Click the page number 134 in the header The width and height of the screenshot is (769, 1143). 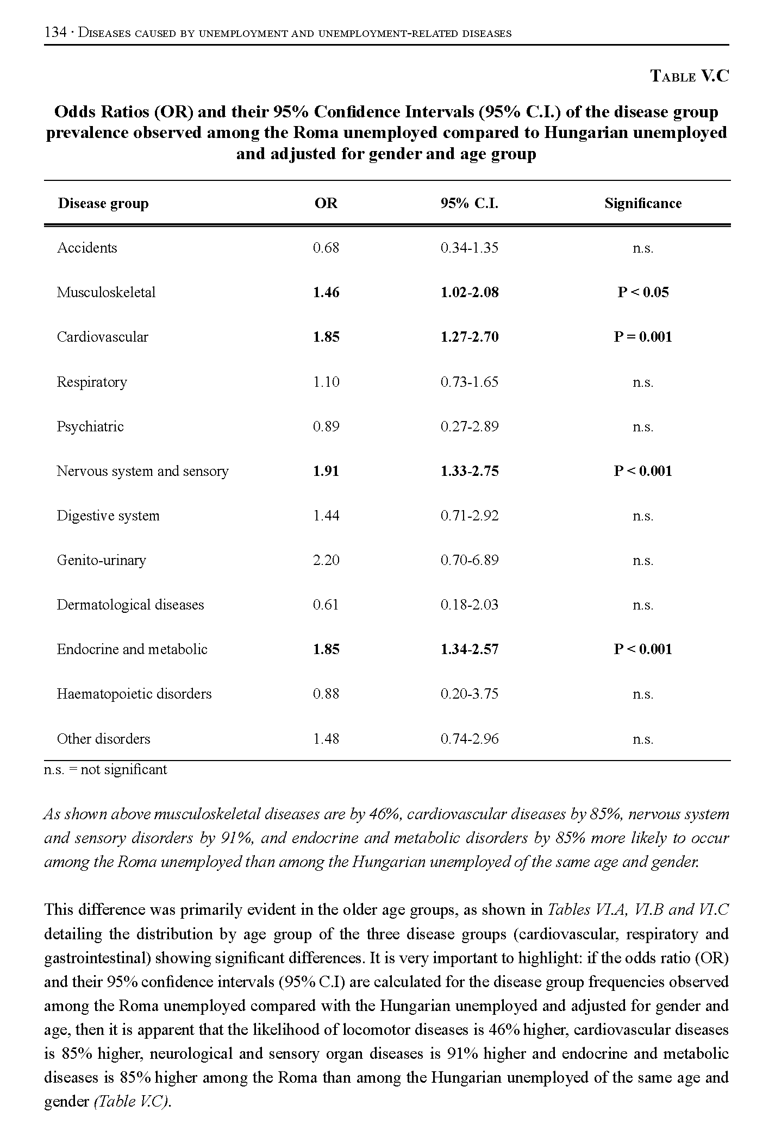point(54,33)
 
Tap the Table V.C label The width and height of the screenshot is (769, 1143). point(689,76)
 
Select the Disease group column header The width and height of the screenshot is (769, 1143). point(103,204)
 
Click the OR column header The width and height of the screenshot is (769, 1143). point(326,204)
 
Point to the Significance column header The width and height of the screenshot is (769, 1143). point(642,204)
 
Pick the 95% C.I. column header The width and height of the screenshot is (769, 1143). point(469,204)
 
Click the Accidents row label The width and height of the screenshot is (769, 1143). point(87,248)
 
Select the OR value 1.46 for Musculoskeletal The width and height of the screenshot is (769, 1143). point(326,293)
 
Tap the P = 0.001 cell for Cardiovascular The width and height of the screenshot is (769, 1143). point(642,337)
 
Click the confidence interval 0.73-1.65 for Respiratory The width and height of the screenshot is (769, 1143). point(469,382)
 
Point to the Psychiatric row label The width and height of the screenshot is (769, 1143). point(90,426)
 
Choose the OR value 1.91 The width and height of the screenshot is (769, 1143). point(326,471)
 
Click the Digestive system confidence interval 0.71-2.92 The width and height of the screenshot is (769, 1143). point(469,516)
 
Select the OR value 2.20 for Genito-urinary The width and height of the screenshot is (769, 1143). point(326,560)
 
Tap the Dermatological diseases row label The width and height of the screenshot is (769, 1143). point(130,605)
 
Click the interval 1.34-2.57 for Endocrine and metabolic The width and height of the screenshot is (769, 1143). point(469,649)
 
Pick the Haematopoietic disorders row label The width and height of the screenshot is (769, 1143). point(134,694)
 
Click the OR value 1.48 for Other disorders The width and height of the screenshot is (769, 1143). point(326,739)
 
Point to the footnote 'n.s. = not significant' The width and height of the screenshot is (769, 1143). point(105,770)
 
